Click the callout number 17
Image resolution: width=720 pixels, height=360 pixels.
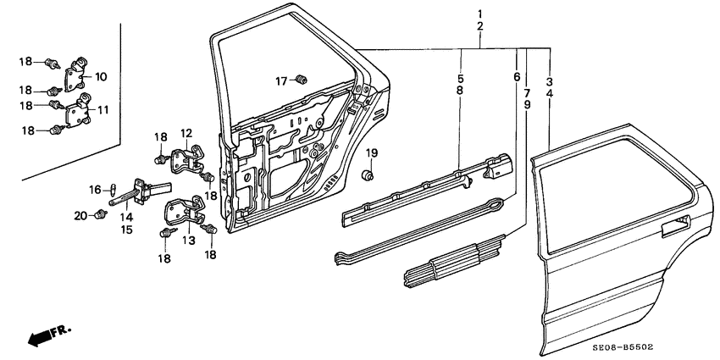click(281, 80)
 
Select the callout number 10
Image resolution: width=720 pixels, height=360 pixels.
click(101, 77)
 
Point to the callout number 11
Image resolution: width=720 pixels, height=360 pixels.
click(103, 110)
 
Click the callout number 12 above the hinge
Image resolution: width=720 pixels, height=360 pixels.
click(186, 133)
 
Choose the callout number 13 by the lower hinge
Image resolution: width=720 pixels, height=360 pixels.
click(187, 241)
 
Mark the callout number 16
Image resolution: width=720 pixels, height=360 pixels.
click(96, 188)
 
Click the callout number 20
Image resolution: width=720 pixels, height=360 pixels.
click(80, 216)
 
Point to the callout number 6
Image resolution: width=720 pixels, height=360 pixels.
click(517, 77)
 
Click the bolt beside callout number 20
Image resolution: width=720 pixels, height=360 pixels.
click(101, 213)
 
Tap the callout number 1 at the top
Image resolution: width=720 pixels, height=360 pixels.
click(480, 14)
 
